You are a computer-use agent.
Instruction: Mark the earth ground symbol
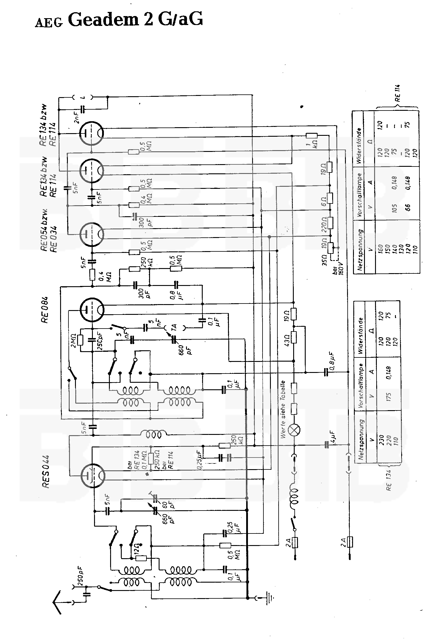270,596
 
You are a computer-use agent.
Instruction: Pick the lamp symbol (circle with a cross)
294,430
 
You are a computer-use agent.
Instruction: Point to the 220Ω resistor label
324,224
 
